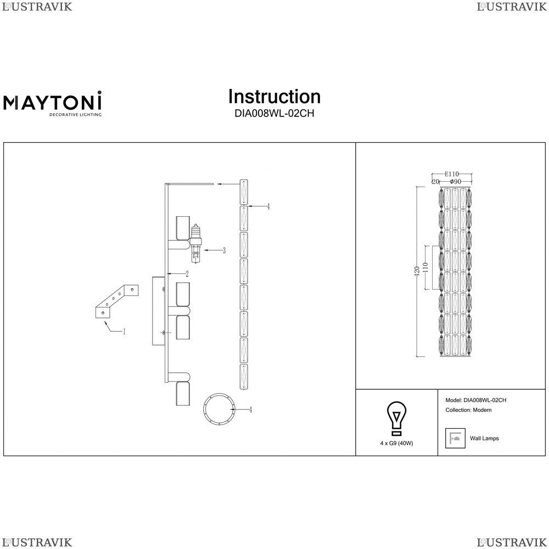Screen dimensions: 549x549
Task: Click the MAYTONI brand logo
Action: point(53,103)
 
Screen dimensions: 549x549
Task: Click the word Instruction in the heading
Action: point(274,97)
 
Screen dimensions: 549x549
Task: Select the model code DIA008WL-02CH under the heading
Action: point(274,114)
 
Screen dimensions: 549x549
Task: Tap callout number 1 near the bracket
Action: point(124,331)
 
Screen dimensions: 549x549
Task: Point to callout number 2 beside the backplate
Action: point(187,274)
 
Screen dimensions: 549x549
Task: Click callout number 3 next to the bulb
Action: point(224,250)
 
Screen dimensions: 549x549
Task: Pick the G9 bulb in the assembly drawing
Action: point(196,244)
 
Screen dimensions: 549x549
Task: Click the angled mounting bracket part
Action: point(117,301)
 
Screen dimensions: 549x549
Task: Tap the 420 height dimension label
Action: point(417,272)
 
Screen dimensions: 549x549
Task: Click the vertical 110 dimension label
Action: point(425,268)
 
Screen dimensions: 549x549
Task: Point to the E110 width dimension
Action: point(452,174)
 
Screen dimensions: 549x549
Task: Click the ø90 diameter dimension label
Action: point(455,181)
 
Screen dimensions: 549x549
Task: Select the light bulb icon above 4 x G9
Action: point(396,419)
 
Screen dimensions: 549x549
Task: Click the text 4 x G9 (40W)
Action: point(397,443)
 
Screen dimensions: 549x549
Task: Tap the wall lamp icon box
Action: point(455,438)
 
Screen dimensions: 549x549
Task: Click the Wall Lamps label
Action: point(484,438)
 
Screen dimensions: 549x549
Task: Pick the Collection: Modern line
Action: point(468,410)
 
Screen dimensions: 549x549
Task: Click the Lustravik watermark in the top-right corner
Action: point(512,7)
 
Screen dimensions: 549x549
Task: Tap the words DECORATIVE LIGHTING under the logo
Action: point(75,115)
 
